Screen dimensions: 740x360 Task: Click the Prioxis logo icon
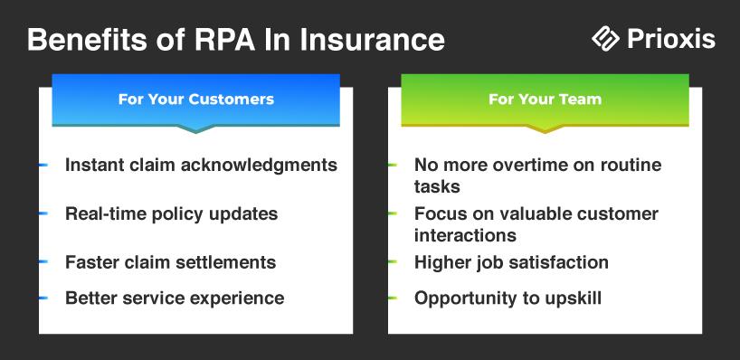click(605, 38)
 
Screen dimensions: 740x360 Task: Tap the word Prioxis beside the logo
click(671, 39)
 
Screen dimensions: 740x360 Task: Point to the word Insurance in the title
click(373, 40)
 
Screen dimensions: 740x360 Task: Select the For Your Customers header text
click(195, 99)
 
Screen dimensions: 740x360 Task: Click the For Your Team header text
click(546, 99)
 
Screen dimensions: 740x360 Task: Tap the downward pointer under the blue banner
click(195, 128)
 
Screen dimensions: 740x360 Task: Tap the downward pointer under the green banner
click(546, 128)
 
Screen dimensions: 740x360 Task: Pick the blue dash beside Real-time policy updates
click(43, 213)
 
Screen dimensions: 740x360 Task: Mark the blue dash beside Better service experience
click(43, 298)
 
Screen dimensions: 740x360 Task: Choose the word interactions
click(465, 235)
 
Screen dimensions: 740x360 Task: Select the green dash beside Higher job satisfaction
click(393, 262)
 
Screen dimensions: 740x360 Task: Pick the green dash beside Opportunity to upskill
click(393, 298)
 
